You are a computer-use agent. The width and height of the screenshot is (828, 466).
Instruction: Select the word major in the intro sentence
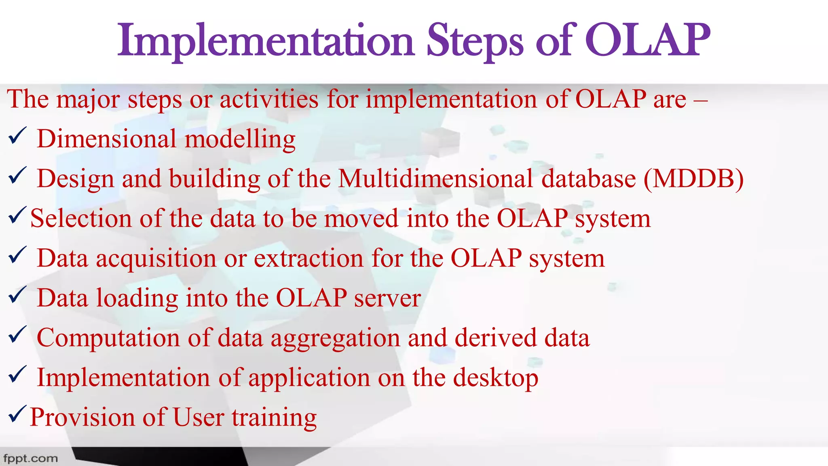[x=88, y=100]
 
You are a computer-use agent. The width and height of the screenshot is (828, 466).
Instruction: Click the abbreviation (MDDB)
[x=693, y=178]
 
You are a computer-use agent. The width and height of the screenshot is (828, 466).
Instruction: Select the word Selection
[x=81, y=218]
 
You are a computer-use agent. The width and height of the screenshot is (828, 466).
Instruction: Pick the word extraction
[x=308, y=258]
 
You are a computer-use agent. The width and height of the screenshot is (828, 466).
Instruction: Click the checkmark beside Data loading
[x=17, y=295]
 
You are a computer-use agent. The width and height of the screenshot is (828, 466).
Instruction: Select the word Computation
[x=108, y=338]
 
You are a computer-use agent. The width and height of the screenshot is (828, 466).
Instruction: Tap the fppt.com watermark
[x=30, y=459]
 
